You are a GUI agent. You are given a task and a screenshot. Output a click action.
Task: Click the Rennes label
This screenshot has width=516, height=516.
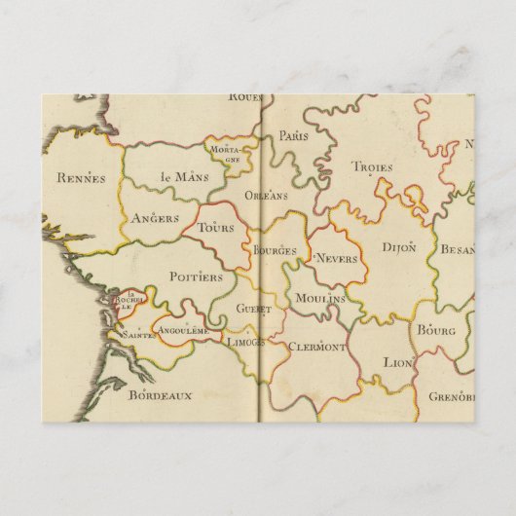[81, 177]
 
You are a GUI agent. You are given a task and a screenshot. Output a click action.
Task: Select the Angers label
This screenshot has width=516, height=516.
[155, 218]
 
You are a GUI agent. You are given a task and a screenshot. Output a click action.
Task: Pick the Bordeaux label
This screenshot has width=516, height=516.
[161, 394]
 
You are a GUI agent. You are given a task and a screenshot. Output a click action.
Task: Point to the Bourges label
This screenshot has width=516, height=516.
[275, 250]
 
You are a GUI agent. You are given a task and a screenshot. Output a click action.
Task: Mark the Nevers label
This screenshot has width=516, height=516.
[337, 259]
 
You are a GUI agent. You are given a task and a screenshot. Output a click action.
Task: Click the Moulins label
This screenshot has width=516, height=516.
[320, 298]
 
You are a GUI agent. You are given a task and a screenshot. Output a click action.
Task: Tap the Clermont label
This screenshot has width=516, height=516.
[317, 347]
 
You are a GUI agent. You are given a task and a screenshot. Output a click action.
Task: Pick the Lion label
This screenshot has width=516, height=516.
[398, 361]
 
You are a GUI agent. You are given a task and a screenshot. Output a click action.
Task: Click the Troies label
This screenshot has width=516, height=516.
[372, 167]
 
